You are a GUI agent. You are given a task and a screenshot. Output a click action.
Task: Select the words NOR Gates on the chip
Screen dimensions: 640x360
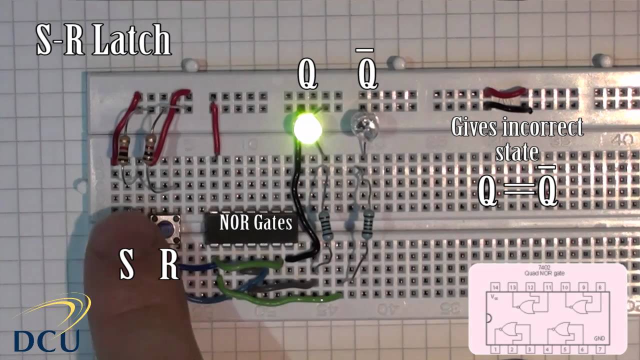(255, 223)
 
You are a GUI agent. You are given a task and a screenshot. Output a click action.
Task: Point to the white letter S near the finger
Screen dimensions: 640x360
(127, 264)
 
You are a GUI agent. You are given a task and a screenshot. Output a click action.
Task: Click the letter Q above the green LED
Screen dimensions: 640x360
(307, 75)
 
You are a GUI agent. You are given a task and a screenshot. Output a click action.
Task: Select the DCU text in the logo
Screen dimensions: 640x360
(46, 340)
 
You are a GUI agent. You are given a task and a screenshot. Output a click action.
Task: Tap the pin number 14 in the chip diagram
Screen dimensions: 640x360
(495, 286)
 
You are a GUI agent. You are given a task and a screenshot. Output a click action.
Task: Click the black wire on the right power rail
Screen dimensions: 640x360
(507, 106)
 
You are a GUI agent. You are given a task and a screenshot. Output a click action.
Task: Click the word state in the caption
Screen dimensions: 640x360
(517, 151)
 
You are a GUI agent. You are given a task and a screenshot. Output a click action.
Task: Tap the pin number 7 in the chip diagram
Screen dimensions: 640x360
(599, 348)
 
